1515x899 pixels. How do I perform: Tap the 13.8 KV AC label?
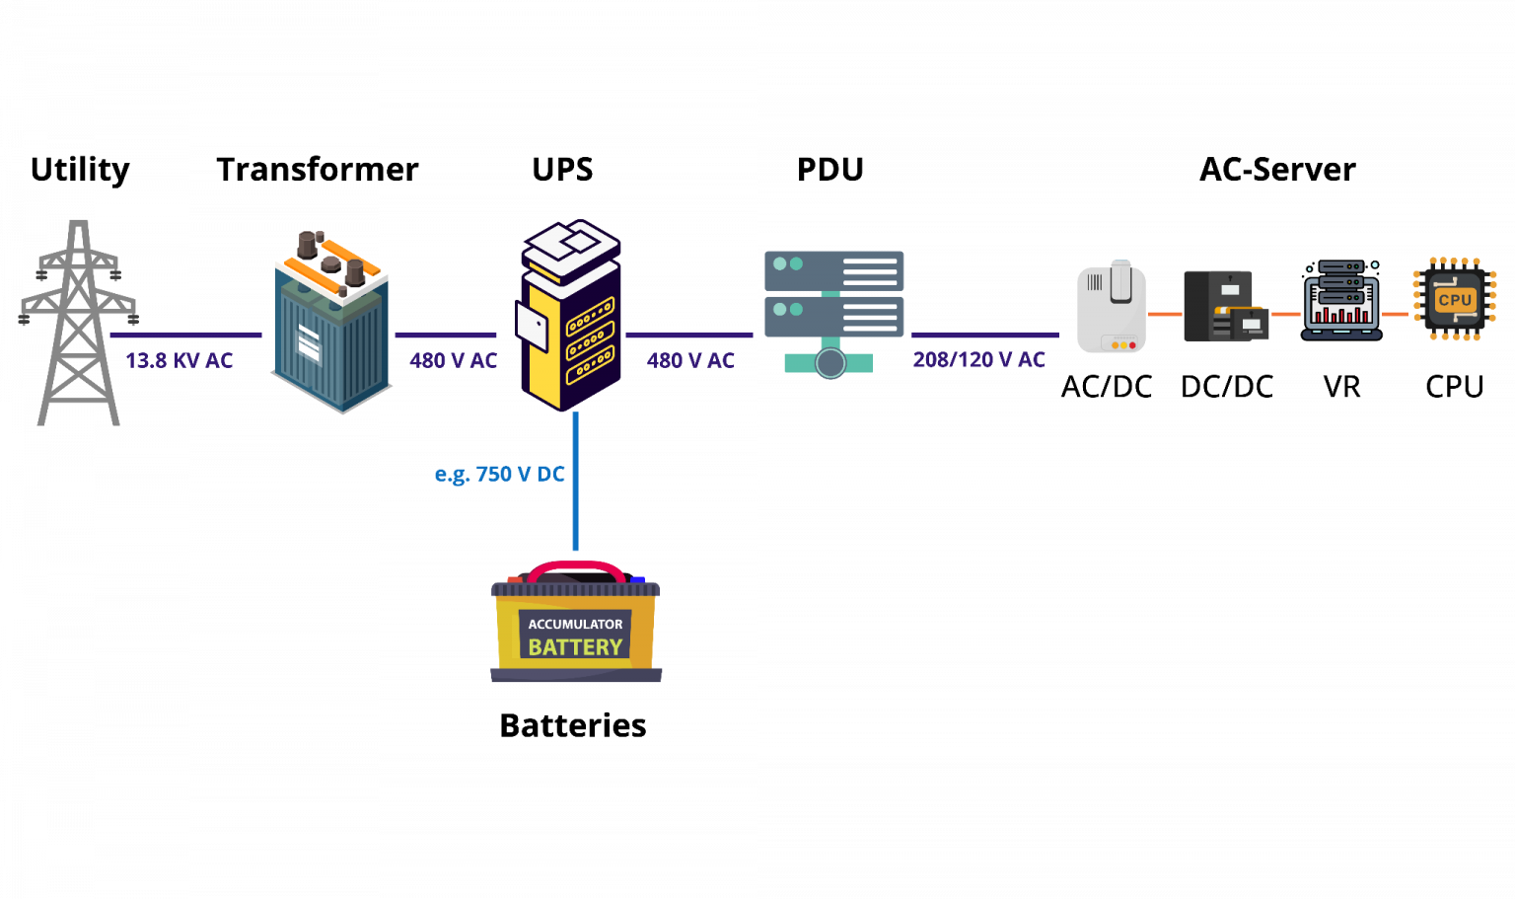tap(179, 360)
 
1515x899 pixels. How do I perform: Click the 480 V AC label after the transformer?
tap(453, 360)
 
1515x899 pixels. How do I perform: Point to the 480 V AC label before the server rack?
tap(690, 360)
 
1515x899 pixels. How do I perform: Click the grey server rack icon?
tap(833, 293)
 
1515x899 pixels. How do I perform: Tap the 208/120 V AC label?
tap(978, 360)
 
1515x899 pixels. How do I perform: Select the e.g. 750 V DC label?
tap(500, 474)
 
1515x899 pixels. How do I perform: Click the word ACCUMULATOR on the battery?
tap(575, 624)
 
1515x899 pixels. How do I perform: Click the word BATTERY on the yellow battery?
tap(575, 647)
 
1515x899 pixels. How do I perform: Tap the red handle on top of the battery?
tap(576, 569)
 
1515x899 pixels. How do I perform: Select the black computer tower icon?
tap(1224, 306)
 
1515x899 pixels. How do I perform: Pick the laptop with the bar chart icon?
tap(1341, 302)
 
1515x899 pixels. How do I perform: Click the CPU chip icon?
tap(1455, 299)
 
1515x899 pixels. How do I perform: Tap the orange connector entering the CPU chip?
tap(1395, 314)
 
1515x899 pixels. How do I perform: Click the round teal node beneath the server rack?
tap(830, 363)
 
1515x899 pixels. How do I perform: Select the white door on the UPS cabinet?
tap(533, 327)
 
